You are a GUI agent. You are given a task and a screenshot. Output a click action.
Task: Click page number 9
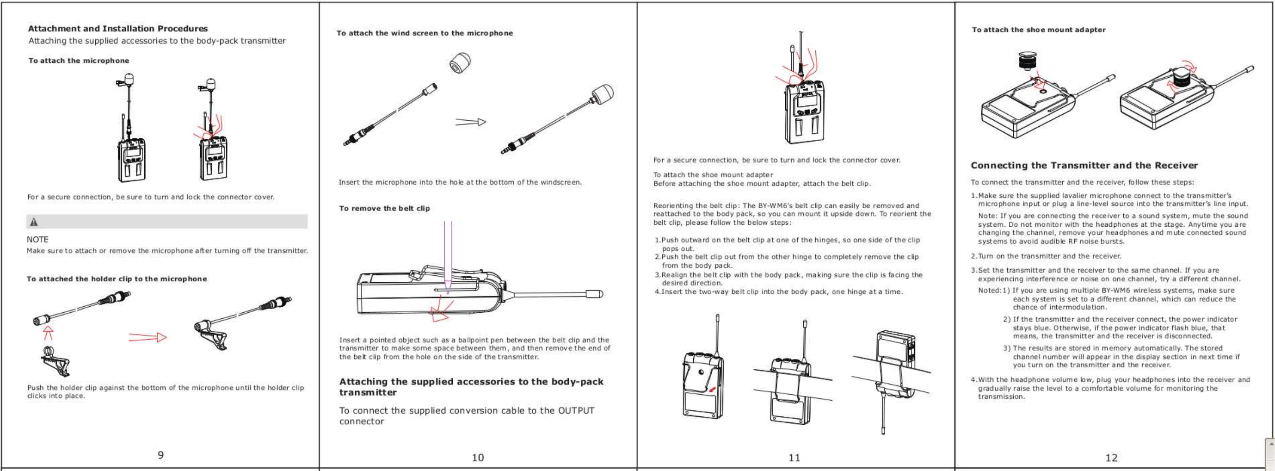[160, 455]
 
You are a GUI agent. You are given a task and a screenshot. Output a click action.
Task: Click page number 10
[478, 457]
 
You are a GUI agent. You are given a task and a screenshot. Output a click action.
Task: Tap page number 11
[794, 457]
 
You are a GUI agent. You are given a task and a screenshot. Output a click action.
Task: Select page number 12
[1111, 457]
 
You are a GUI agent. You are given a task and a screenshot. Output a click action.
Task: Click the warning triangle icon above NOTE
[34, 222]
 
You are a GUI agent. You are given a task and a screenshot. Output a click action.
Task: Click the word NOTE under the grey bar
[37, 239]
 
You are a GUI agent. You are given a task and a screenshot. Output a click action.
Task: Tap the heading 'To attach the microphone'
[79, 61]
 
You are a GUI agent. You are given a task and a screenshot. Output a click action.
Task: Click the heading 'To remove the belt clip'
[385, 208]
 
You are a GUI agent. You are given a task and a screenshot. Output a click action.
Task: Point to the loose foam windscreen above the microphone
[460, 63]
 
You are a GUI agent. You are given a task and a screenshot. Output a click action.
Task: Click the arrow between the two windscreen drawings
[471, 121]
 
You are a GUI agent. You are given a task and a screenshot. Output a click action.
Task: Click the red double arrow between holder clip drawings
[148, 337]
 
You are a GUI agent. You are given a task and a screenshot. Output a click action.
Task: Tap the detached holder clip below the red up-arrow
[55, 362]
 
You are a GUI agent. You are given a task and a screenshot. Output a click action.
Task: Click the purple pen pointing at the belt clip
[448, 258]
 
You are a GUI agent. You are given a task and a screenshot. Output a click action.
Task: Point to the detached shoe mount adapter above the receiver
[1028, 62]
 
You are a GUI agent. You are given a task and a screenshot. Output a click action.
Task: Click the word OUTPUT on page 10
[576, 410]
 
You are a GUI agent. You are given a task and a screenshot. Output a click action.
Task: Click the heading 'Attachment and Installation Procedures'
[118, 29]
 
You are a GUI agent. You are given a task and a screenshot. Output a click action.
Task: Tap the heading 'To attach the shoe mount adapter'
[1038, 30]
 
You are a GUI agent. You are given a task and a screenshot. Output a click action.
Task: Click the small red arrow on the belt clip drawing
[712, 390]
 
